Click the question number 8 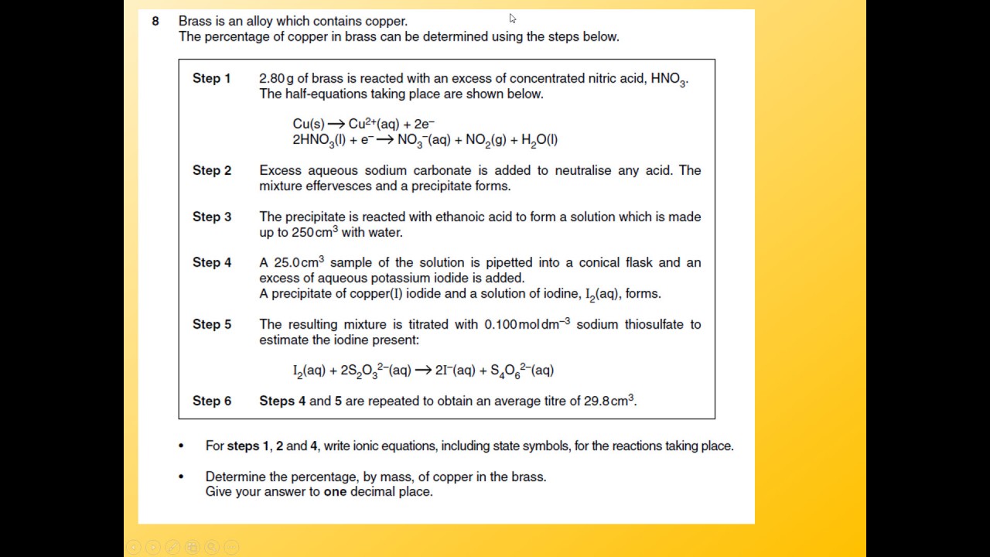155,21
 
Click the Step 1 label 211,78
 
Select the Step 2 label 211,170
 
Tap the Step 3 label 211,217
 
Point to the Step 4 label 211,262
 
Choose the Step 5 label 211,324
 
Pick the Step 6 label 211,401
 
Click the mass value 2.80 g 277,78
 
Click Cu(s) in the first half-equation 309,124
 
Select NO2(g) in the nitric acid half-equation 485,140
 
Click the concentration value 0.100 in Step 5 500,324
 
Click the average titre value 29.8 596,401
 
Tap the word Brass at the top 195,21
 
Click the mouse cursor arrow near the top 512,19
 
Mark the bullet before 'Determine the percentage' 181,477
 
